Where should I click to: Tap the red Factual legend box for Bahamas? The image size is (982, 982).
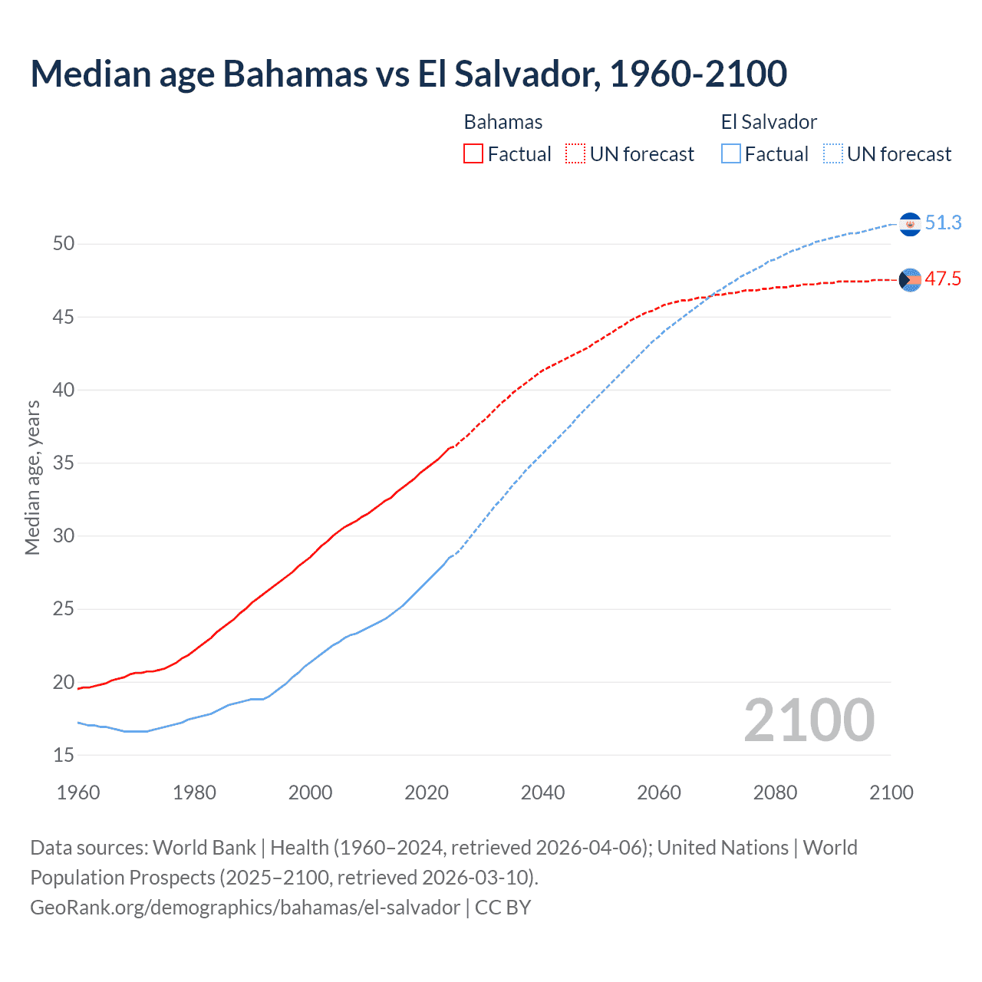[x=473, y=154]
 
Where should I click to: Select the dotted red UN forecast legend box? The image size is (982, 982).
[x=575, y=154]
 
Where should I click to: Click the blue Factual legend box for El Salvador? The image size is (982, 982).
[x=731, y=154]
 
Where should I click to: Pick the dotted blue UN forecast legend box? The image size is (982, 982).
[x=833, y=154]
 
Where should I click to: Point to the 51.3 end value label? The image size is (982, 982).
[x=943, y=222]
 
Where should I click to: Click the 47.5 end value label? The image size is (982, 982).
[x=943, y=279]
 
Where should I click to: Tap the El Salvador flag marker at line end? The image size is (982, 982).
[x=910, y=224]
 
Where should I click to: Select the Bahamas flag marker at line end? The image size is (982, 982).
[x=910, y=281]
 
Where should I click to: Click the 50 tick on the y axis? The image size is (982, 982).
[x=64, y=244]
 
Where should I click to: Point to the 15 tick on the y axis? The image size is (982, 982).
[x=64, y=756]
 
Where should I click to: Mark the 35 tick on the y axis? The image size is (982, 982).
[x=64, y=463]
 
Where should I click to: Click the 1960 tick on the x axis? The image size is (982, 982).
[x=78, y=793]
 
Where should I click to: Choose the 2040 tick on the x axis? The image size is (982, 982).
[x=542, y=793]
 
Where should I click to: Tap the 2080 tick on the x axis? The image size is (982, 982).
[x=775, y=793]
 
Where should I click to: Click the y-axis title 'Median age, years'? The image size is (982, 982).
[x=32, y=477]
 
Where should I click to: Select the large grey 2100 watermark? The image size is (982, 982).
[x=809, y=720]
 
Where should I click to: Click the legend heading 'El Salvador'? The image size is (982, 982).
[x=769, y=122]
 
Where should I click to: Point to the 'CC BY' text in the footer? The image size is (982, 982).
[x=503, y=908]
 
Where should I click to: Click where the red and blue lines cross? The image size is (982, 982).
[x=709, y=296]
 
